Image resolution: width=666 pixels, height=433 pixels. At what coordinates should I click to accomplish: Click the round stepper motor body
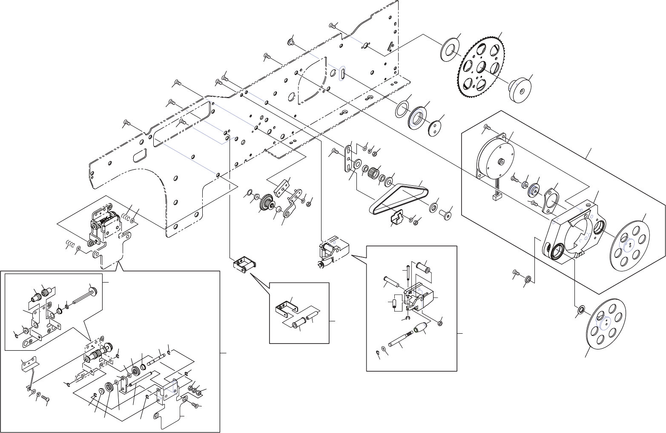tap(496, 160)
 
